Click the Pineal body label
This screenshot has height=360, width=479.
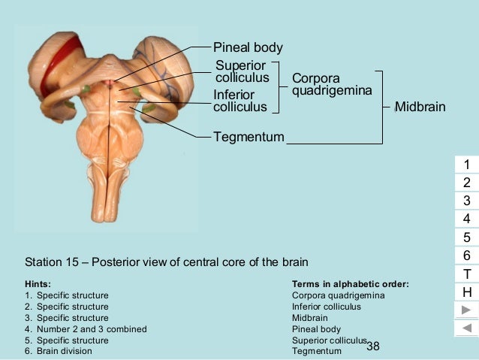pyautogui.click(x=248, y=47)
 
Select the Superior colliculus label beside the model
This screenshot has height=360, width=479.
pyautogui.click(x=242, y=71)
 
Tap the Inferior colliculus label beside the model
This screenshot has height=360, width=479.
pyautogui.click(x=239, y=101)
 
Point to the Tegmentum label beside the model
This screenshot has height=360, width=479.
pyautogui.click(x=249, y=137)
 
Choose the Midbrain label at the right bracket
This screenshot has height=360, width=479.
pyautogui.click(x=420, y=107)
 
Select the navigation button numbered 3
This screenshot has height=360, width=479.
pyautogui.click(x=466, y=201)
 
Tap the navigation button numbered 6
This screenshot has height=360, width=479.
pyautogui.click(x=466, y=256)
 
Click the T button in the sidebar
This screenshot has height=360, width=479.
pyautogui.click(x=466, y=274)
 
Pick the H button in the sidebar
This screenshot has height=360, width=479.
pyautogui.click(x=466, y=292)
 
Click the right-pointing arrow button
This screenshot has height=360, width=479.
pyautogui.click(x=466, y=310)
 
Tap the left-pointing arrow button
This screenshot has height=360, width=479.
pyautogui.click(x=466, y=328)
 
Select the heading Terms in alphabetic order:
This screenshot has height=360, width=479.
pyautogui.click(x=350, y=284)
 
